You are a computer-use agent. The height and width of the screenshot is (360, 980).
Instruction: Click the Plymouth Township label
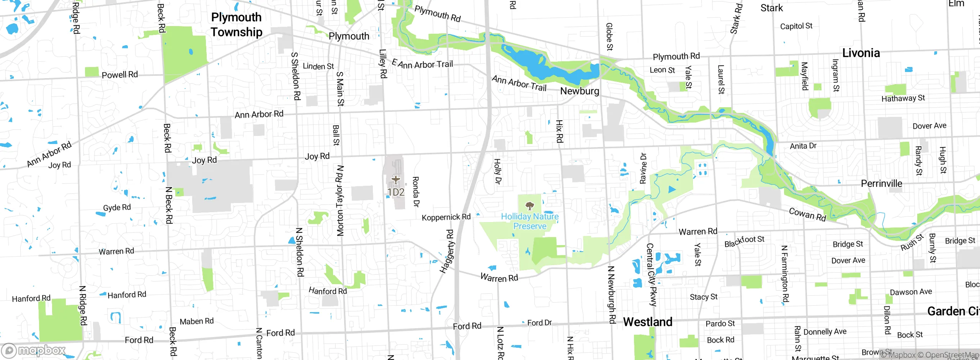237,25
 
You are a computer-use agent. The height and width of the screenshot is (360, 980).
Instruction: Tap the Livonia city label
861,53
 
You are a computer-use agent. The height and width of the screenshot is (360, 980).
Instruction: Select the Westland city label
648,322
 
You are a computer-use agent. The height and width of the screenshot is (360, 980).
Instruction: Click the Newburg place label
580,91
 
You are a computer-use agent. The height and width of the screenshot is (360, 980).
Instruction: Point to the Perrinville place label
881,183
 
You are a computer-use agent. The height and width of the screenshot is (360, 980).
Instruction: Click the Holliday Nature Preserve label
530,221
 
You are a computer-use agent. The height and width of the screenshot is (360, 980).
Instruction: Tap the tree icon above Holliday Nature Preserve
530,206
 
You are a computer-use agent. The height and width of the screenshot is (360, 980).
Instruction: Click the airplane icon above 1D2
396,179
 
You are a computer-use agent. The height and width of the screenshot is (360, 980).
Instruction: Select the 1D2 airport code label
396,192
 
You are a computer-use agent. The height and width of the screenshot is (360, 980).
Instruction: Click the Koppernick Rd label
446,217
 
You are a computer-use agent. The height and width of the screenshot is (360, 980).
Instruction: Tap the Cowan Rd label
807,214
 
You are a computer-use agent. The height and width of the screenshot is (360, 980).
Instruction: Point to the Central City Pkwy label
651,275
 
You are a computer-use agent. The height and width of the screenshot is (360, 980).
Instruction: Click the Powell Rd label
120,75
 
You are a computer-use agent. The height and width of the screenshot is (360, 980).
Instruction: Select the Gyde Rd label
117,207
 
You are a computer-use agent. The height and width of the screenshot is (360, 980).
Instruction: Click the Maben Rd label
197,321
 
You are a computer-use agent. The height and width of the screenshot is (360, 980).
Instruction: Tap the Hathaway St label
903,98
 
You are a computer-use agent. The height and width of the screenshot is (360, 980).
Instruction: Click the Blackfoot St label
744,241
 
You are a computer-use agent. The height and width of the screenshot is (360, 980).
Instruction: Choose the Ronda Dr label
416,191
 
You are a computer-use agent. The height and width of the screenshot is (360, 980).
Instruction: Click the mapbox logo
34,350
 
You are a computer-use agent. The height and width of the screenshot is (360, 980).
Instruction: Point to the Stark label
771,8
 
